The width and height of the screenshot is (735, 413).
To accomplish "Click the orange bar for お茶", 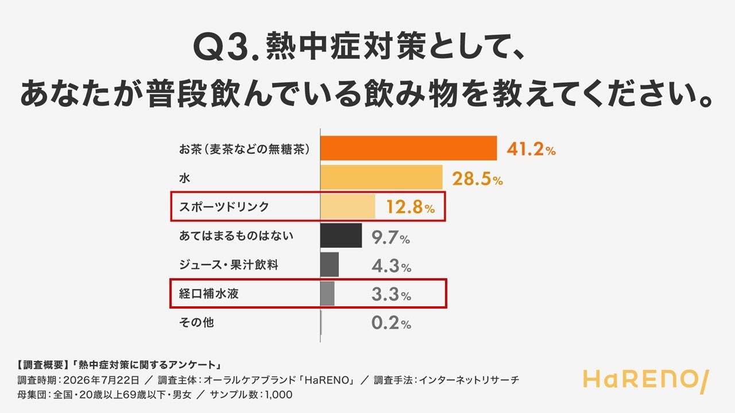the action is coord(408,148).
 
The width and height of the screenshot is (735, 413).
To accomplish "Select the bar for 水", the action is coord(381,177).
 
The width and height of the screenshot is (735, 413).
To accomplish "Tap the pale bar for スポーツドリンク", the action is coord(348,206).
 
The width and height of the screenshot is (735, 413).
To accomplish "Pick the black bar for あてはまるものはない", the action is coord(341,235).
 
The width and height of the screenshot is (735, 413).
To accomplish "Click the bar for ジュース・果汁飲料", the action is coord(330,264).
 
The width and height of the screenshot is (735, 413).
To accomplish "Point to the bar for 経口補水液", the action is coord(327,293).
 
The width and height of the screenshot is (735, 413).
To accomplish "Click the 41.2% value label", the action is coord(531,150).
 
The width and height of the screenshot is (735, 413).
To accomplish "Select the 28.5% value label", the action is coord(477,179).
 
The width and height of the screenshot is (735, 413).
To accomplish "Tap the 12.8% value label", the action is coord(411,207).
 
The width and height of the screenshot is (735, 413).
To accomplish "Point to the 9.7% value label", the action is coord(391,237).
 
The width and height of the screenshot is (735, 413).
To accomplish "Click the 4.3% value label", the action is coord(392,266).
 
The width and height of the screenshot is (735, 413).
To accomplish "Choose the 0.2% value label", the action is coord(392,323).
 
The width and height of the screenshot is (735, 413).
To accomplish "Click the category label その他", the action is coord(196,322).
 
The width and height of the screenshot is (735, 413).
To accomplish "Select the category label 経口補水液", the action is coord(208,293).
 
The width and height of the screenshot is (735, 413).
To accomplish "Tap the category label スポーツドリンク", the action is coord(224,206).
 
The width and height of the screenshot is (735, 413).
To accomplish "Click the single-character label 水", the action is coord(184,178).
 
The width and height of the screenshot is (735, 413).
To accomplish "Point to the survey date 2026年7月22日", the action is coord(101,380).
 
